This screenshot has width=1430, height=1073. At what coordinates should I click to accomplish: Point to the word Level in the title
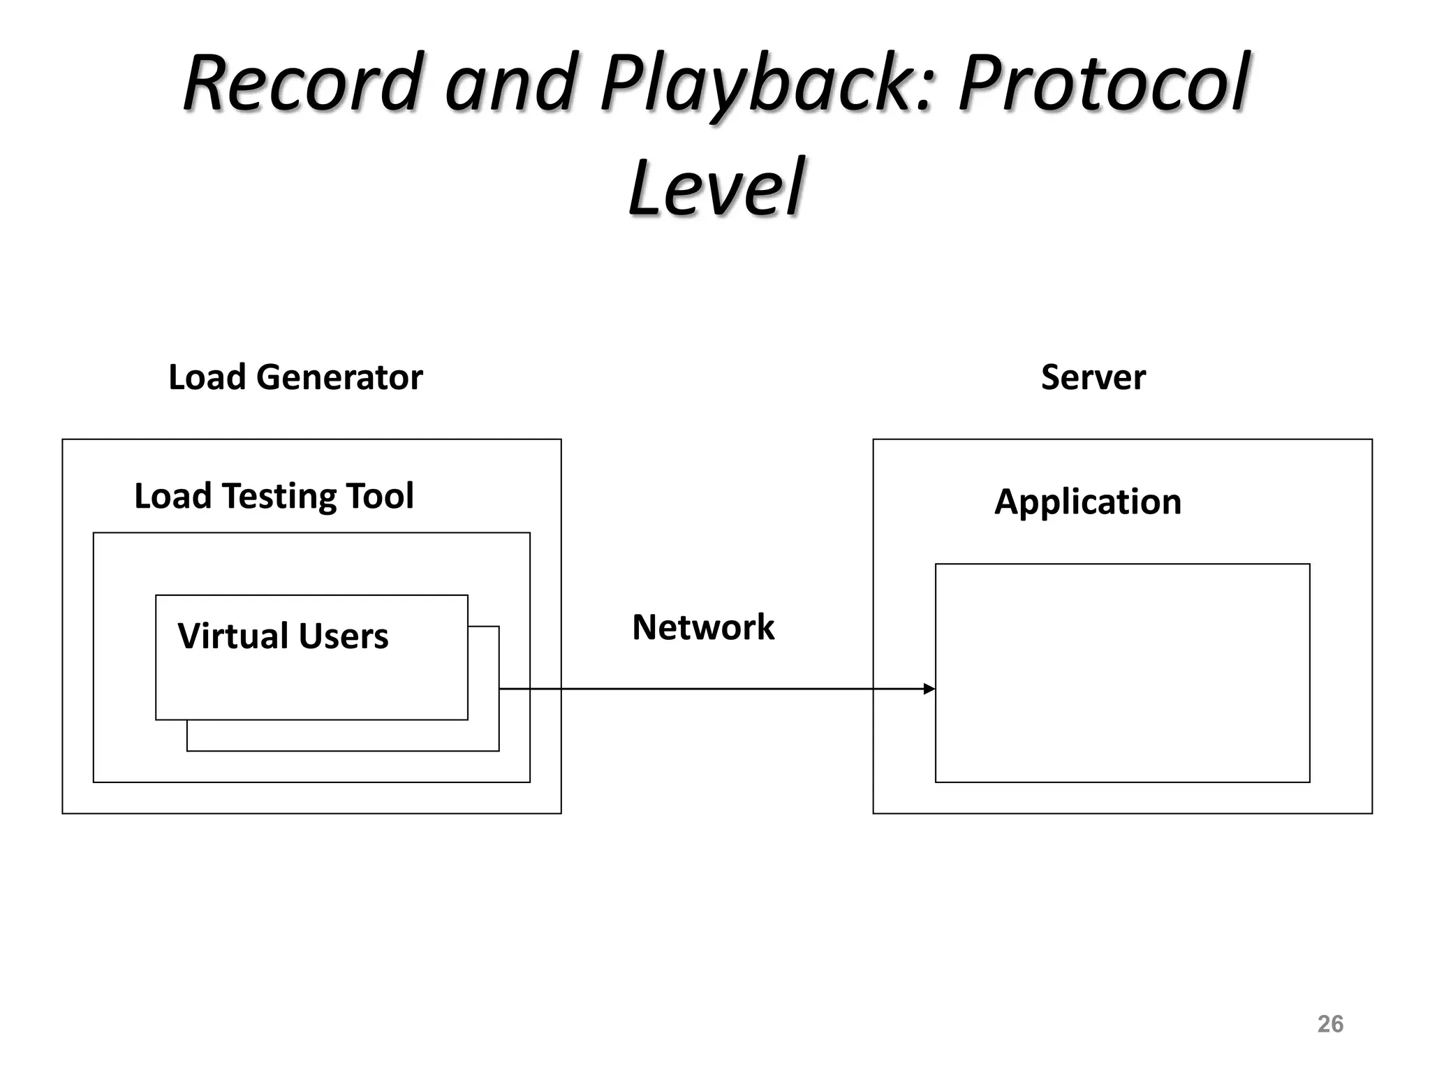click(x=716, y=187)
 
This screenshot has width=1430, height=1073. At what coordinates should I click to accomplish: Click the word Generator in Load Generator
click(x=339, y=377)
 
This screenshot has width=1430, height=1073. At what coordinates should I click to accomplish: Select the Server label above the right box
click(x=1093, y=377)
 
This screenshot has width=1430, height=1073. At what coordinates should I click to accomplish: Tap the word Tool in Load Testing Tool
click(x=380, y=496)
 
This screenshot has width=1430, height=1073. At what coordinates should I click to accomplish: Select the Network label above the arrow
click(x=703, y=627)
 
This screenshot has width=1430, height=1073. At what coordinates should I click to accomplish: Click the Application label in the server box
click(x=1088, y=502)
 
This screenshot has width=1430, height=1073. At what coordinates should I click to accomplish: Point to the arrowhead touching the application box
click(x=929, y=689)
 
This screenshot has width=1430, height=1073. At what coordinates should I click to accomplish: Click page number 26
click(x=1330, y=1024)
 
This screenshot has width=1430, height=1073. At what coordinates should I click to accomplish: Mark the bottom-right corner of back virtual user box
click(x=499, y=750)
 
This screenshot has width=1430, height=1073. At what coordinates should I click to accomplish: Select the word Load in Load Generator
click(x=207, y=377)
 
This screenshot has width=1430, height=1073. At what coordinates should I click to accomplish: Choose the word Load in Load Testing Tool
click(x=172, y=496)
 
